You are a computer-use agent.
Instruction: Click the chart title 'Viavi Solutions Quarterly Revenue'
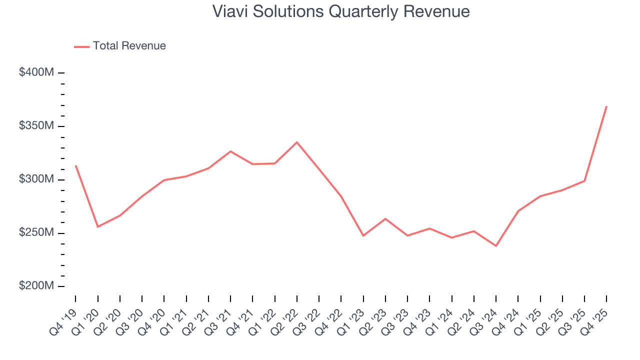341,11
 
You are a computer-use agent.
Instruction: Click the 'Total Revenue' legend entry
129,46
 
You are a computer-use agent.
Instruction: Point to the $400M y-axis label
36,72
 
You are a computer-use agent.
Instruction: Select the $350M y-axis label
36,126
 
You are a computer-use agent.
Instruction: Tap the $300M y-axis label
36,179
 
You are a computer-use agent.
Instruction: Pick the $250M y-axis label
36,233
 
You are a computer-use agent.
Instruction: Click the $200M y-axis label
36,286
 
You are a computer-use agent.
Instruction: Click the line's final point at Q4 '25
606,106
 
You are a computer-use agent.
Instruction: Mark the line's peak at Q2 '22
297,142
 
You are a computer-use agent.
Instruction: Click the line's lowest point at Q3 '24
496,246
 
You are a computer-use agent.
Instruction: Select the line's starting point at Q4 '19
75,165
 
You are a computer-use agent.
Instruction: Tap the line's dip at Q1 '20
97,227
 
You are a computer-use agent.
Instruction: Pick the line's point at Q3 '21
230,151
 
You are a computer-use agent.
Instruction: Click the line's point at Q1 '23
363,235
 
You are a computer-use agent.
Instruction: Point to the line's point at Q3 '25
584,181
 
